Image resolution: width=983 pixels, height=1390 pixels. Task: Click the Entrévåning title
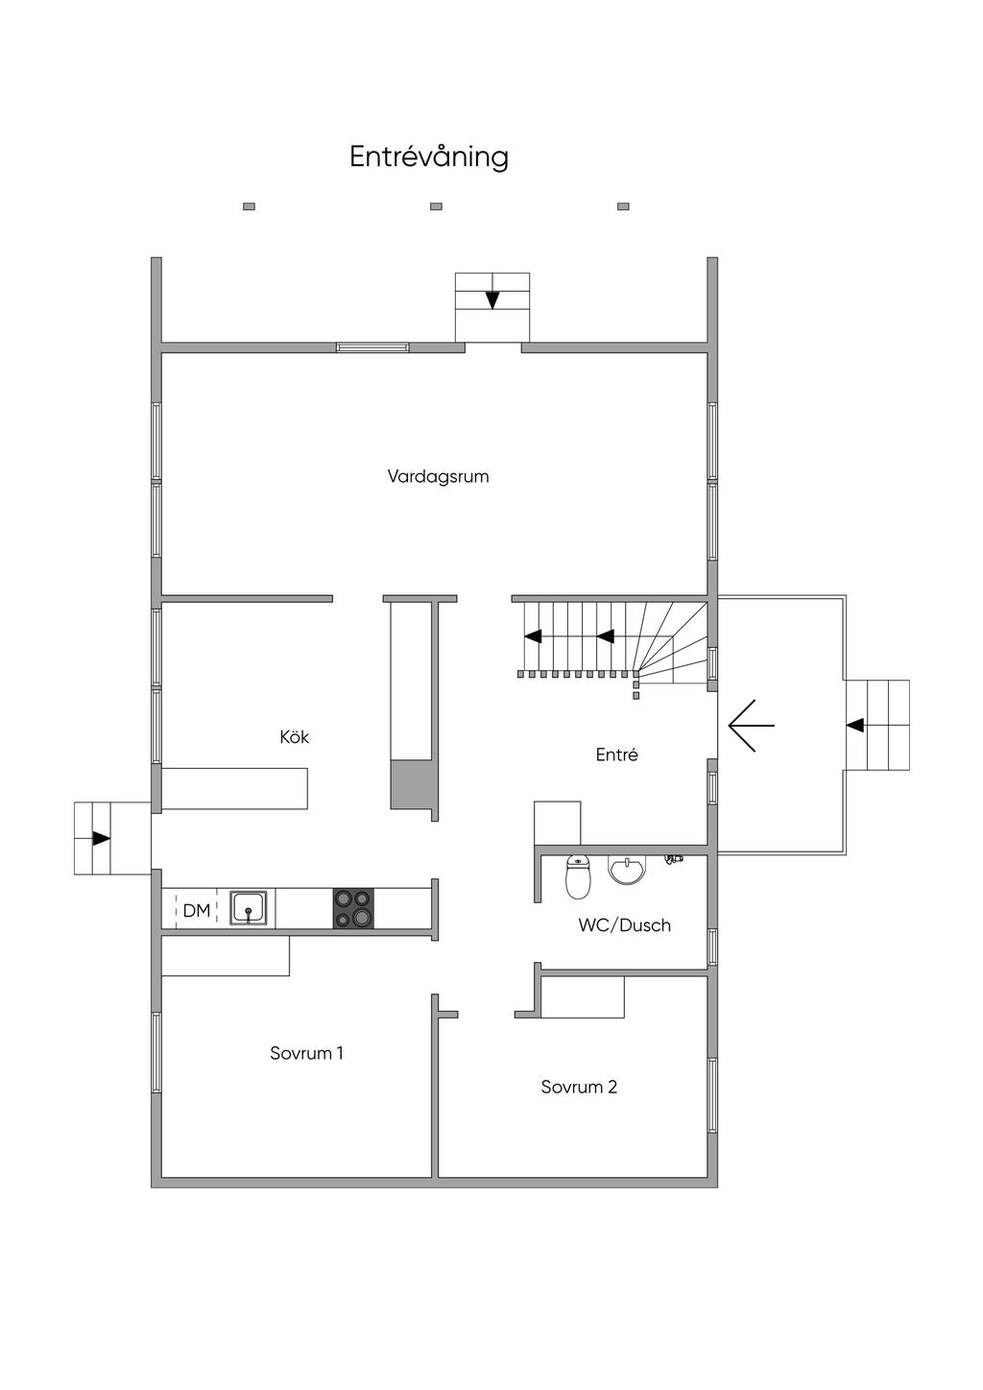(x=429, y=156)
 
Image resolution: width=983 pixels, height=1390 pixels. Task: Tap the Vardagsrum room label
(x=438, y=476)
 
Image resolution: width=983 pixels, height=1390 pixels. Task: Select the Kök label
(x=294, y=736)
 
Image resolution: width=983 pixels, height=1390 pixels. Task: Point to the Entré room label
(x=617, y=755)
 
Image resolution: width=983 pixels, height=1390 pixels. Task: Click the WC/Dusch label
(x=624, y=925)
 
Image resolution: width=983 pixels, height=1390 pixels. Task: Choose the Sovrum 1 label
(x=306, y=1053)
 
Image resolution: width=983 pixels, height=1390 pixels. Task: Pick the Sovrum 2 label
(x=579, y=1087)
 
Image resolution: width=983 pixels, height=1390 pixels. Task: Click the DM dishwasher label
(x=197, y=910)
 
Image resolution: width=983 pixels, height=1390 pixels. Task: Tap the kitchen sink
(x=249, y=908)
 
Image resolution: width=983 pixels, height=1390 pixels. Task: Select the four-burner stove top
(x=353, y=908)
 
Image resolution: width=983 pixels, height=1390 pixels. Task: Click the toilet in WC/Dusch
(x=578, y=876)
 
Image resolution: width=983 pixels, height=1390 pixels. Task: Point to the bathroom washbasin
(x=628, y=870)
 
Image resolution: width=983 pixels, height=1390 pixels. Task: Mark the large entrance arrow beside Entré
(x=751, y=726)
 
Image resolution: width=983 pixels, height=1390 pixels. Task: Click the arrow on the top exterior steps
(x=492, y=300)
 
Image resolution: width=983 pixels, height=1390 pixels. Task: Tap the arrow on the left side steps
(x=101, y=838)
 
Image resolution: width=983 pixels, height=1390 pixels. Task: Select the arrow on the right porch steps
(x=855, y=725)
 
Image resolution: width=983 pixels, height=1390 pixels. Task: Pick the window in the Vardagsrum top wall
(x=372, y=347)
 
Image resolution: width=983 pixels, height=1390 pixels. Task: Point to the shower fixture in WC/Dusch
(x=673, y=859)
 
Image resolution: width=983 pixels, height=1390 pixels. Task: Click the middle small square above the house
(x=436, y=206)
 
